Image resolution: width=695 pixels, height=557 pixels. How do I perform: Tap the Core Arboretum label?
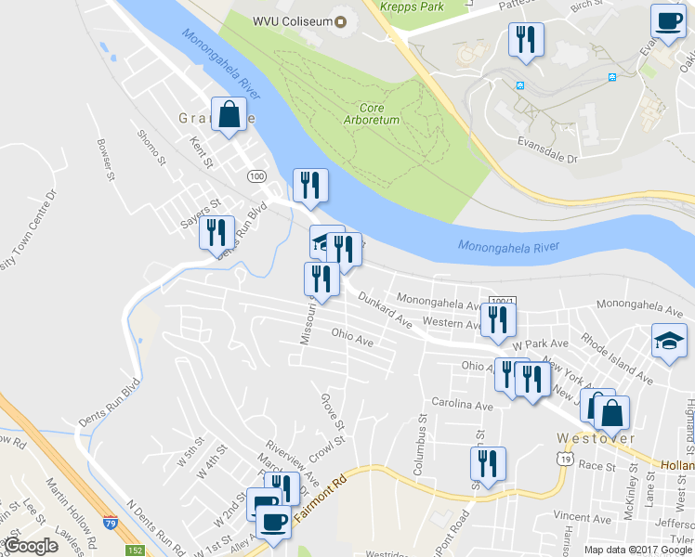(x=371, y=113)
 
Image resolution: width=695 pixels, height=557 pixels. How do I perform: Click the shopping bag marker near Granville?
(x=229, y=116)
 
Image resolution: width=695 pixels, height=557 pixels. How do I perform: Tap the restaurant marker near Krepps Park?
(x=525, y=39)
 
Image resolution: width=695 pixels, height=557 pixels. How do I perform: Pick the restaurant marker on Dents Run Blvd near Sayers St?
(x=216, y=232)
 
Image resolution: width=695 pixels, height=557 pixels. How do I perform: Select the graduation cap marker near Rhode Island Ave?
(x=668, y=341)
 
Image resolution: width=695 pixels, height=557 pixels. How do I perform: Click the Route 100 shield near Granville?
(x=257, y=175)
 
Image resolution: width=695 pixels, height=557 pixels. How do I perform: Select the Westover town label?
(x=595, y=437)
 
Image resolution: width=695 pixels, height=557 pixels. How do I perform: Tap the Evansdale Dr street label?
(x=546, y=149)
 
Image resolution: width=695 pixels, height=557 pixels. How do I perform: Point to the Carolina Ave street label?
(x=462, y=405)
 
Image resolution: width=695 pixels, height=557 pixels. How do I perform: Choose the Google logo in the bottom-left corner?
(x=31, y=546)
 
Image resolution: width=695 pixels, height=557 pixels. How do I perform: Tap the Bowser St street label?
(x=104, y=159)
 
